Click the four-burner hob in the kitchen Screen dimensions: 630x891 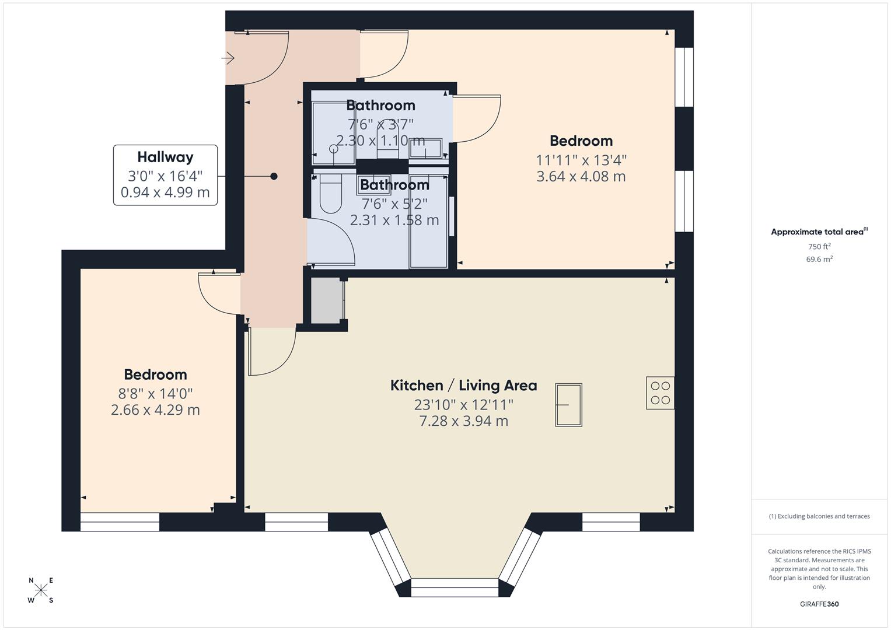coord(660,393)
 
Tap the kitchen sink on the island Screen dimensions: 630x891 coord(568,405)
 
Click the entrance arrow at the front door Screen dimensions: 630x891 coord(228,58)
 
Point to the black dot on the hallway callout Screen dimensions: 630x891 coord(274,176)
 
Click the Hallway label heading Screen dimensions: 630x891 coord(165,157)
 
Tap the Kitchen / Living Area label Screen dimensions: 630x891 coord(463,386)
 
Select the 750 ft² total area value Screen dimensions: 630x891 coord(819,247)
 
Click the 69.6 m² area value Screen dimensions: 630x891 coord(819,260)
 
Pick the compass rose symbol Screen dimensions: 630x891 coord(41,590)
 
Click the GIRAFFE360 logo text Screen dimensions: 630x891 coord(819,604)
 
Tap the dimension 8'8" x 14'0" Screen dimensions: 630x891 coord(155,393)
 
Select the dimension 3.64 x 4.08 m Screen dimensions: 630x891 coord(581,177)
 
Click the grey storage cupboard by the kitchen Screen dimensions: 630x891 coord(326,300)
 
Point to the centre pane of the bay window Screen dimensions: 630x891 coord(455,587)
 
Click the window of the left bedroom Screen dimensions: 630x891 coord(120,522)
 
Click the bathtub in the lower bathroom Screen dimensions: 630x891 coord(429,222)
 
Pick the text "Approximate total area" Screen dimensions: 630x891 coord(817,232)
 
